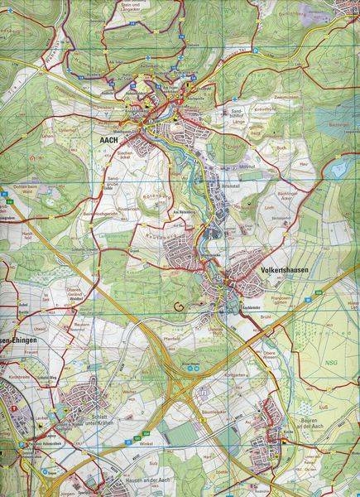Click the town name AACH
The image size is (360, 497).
coord(108,142)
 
